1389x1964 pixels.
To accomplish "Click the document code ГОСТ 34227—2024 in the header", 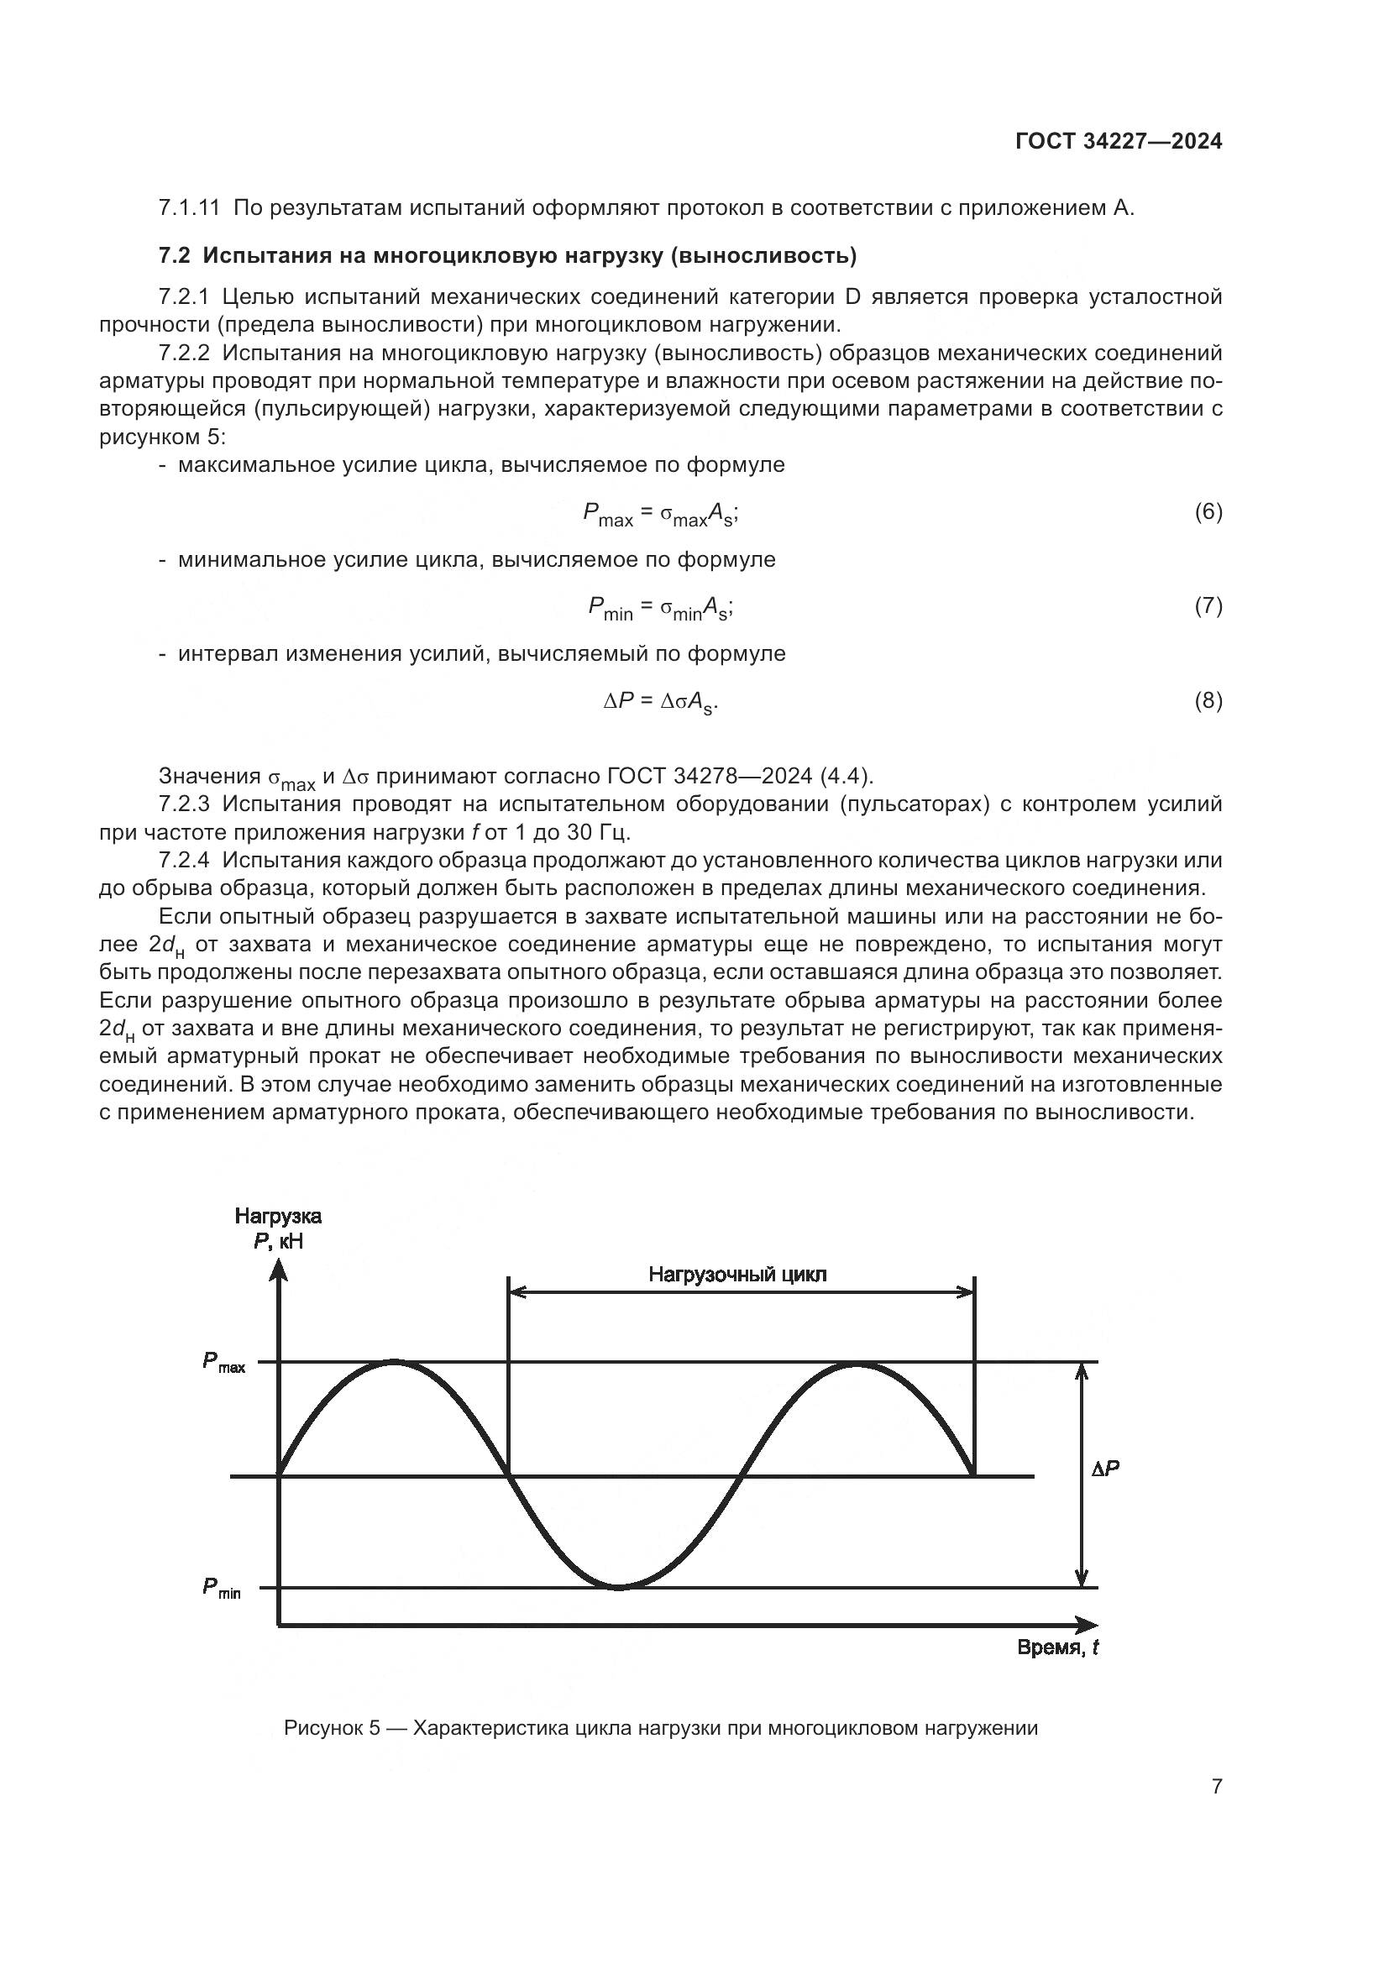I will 1119,141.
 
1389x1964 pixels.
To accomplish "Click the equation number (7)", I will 1208,605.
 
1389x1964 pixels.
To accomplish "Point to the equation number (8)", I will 1208,700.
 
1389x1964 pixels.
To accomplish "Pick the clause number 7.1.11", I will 189,208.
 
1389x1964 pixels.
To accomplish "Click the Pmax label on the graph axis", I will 223,1362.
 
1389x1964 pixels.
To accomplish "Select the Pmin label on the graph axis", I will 222,1588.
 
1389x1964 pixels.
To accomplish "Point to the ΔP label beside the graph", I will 1105,1469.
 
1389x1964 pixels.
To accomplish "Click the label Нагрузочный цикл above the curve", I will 737,1275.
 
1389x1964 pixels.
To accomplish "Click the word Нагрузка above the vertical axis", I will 278,1217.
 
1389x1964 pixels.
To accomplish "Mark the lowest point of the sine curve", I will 618,1588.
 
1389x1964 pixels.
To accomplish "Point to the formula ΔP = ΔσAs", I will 660,702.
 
